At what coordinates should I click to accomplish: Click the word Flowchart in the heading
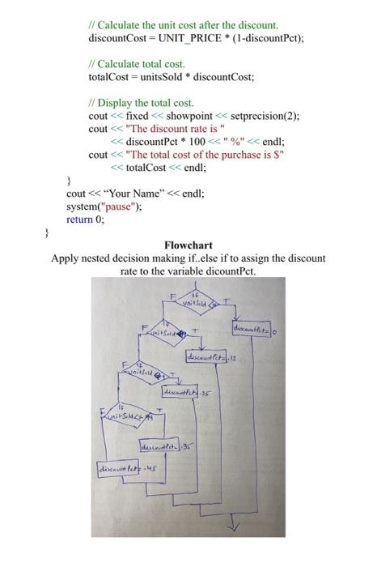[188, 245]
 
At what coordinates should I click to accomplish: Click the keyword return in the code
[79, 219]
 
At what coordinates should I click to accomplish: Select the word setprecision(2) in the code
[260, 116]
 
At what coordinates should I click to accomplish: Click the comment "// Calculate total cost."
[138, 63]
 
